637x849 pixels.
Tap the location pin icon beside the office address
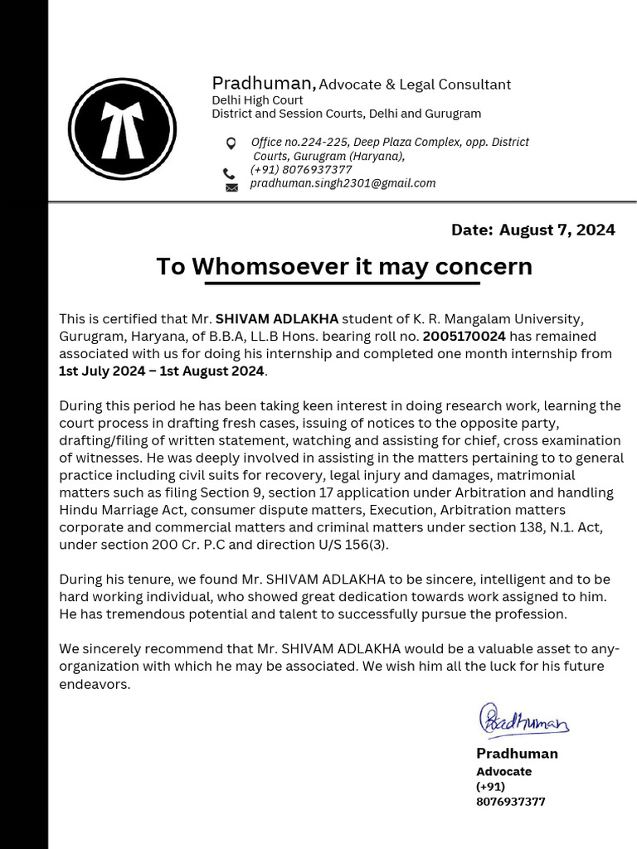click(x=231, y=143)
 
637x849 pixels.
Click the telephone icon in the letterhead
click(x=229, y=173)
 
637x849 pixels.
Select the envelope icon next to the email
click(x=231, y=187)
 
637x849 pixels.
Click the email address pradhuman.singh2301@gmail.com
click(x=343, y=183)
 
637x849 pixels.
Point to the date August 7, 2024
click(x=557, y=230)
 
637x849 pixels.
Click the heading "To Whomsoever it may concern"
click(x=343, y=266)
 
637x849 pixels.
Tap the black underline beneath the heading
click(x=342, y=284)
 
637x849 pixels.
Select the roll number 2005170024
click(x=464, y=336)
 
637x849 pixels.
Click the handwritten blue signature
click(x=523, y=720)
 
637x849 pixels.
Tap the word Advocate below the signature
click(x=503, y=771)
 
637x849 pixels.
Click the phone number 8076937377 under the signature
click(x=510, y=802)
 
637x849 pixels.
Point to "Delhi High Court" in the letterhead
click(x=257, y=99)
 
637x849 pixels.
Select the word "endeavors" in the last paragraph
click(x=94, y=685)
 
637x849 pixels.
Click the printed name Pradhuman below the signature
click(x=517, y=753)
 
